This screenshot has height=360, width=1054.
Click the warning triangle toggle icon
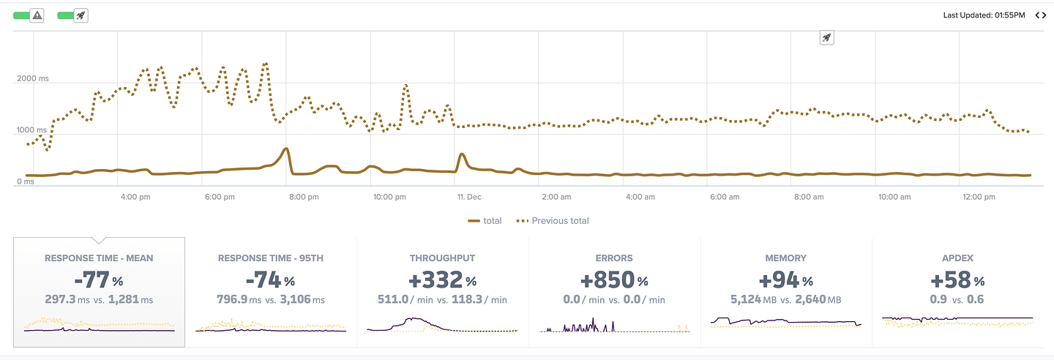(x=37, y=15)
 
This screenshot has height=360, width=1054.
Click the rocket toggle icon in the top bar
(x=81, y=15)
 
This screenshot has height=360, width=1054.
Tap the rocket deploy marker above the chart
(x=827, y=37)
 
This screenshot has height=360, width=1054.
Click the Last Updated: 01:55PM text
(x=984, y=15)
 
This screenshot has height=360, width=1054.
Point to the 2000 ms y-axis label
(x=33, y=78)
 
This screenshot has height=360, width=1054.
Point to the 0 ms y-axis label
(x=26, y=181)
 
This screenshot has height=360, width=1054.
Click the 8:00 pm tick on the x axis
(x=304, y=197)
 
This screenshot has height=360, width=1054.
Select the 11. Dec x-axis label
(x=469, y=197)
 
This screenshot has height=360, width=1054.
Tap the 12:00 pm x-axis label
(x=979, y=197)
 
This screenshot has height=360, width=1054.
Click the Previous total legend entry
(x=553, y=221)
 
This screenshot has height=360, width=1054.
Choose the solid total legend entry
(x=485, y=221)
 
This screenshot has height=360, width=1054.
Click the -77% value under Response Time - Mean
(x=99, y=280)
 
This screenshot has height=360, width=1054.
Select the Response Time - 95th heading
(x=271, y=258)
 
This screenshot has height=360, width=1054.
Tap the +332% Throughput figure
(x=442, y=280)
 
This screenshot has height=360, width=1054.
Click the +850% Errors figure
(x=614, y=280)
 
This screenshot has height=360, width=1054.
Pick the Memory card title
(x=786, y=258)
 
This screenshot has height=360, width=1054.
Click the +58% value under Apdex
(x=957, y=280)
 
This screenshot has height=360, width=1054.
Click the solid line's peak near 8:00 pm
(x=285, y=149)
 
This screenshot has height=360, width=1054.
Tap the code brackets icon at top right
(x=1040, y=15)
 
